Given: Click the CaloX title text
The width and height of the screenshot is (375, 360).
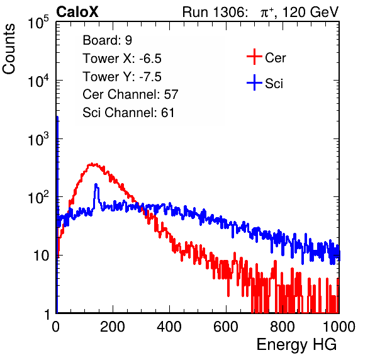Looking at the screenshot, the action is [x=77, y=12].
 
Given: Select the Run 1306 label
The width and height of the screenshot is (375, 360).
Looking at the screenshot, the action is [x=215, y=12].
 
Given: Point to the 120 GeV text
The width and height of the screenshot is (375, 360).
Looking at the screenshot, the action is [x=311, y=12].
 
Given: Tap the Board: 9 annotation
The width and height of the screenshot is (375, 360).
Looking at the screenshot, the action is [x=108, y=40].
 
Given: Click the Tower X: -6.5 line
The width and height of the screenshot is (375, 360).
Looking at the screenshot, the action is [x=122, y=59].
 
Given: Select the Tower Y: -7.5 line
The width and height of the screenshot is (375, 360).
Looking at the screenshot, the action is [x=122, y=77].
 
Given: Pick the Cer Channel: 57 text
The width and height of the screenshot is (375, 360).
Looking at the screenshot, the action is [x=130, y=94].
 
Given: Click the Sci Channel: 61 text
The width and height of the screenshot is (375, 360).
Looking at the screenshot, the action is [x=128, y=113].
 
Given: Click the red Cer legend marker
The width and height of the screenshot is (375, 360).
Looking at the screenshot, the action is [x=254, y=57].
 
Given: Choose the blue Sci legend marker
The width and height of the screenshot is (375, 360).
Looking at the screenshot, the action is [x=254, y=82].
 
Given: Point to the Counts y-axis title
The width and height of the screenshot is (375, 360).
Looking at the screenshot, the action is [x=9, y=49].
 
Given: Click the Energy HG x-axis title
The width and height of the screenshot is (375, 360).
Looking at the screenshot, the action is [x=296, y=345].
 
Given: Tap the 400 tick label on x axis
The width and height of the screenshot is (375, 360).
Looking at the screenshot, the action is [x=169, y=327].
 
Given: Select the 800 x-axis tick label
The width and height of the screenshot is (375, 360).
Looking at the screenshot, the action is [x=283, y=327].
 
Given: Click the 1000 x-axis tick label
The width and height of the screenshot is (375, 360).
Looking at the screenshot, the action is [x=339, y=327].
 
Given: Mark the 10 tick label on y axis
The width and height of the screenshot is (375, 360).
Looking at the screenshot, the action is [x=42, y=256].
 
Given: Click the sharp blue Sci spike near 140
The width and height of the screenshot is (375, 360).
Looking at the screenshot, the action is [x=96, y=184].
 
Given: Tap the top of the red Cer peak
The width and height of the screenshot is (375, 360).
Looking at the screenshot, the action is [x=92, y=164].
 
